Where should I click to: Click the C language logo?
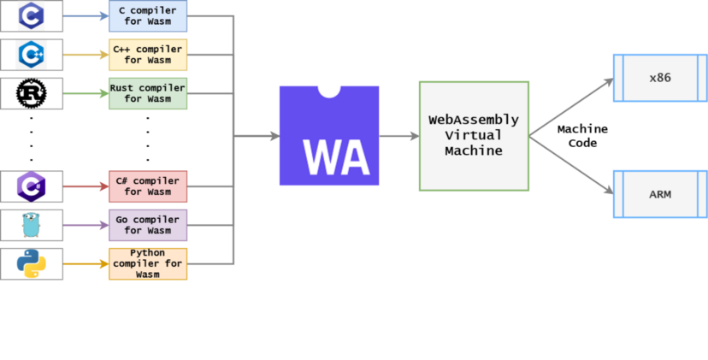pyautogui.click(x=32, y=15)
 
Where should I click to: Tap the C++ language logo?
pyautogui.click(x=32, y=54)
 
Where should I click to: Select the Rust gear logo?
pyautogui.click(x=32, y=93)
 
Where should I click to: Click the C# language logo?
pyautogui.click(x=32, y=185)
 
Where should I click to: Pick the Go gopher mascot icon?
pyautogui.click(x=32, y=224)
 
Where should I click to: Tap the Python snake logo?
pyautogui.click(x=32, y=263)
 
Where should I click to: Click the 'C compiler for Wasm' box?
pyautogui.click(x=148, y=15)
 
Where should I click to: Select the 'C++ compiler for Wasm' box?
pyautogui.click(x=148, y=55)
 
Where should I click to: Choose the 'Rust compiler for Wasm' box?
pyautogui.click(x=148, y=93)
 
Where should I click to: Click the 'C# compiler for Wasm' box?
pyautogui.click(x=148, y=186)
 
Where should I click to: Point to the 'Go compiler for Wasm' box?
pyautogui.click(x=148, y=225)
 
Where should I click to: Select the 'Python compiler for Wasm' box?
pyautogui.click(x=148, y=263)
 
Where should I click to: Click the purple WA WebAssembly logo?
pyautogui.click(x=329, y=136)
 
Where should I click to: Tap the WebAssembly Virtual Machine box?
pyautogui.click(x=474, y=136)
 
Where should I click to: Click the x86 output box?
pyautogui.click(x=660, y=77)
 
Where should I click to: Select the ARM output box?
pyautogui.click(x=660, y=194)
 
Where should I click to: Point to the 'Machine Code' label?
pyautogui.click(x=582, y=136)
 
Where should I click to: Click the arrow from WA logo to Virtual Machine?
pyautogui.click(x=398, y=136)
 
